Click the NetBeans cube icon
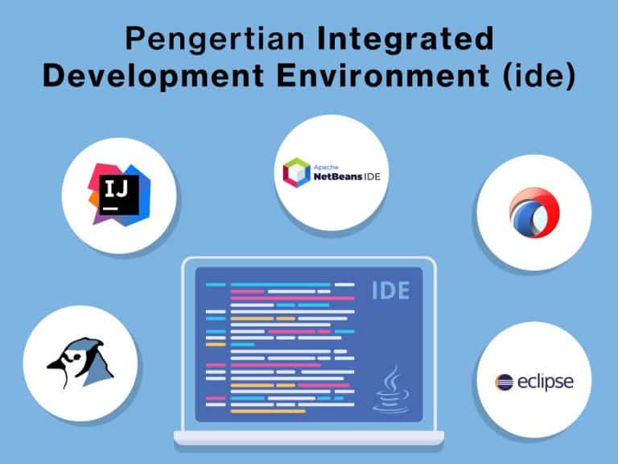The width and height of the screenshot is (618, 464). pos(296,172)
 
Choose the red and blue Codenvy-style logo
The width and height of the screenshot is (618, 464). pos(534,213)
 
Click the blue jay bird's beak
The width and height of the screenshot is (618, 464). pos(56,362)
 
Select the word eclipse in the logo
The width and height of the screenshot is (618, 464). pos(546,381)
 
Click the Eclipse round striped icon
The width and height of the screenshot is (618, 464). pos(505,381)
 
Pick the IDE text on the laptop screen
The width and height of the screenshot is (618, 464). pos(389,290)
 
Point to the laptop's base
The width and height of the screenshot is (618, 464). pos(308,437)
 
